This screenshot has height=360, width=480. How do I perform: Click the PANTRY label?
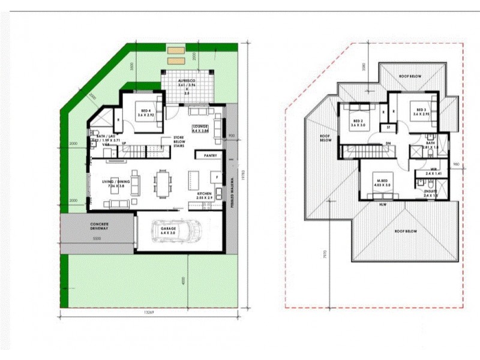pos(211,155)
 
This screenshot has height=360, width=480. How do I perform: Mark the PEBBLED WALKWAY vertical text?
pos(232,192)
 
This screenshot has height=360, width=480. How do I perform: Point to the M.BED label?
pos(382,183)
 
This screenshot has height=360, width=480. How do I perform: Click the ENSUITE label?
pos(431,193)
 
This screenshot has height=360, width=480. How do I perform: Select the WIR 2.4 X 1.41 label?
pos(430,170)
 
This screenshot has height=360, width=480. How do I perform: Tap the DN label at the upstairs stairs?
pos(388,143)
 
